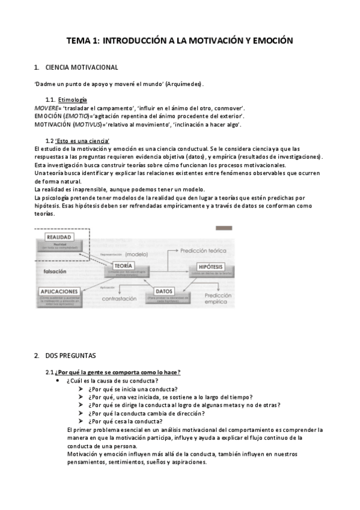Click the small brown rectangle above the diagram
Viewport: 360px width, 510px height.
[223, 228]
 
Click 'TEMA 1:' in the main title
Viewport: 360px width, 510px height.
[84, 41]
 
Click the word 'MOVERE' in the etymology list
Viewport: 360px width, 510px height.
[46, 107]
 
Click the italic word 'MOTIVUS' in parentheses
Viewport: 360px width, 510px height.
[87, 124]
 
